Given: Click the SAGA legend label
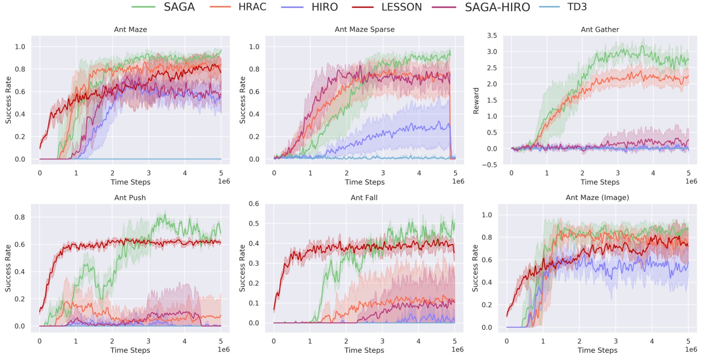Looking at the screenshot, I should [x=179, y=7].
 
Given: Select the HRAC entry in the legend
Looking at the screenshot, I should [x=252, y=7].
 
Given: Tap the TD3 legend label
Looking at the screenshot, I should [x=577, y=7].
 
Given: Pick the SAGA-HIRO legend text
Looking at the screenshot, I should [x=497, y=7].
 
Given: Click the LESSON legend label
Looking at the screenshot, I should [x=401, y=7].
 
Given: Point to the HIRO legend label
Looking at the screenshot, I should [x=324, y=7].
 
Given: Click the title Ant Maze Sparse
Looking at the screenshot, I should [x=364, y=30].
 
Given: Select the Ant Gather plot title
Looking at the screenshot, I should [x=599, y=30].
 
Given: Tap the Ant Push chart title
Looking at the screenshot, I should [x=130, y=198].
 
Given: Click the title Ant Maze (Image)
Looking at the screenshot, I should [x=597, y=198].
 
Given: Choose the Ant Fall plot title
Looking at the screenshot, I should [x=364, y=198].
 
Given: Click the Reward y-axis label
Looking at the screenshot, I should [x=476, y=100].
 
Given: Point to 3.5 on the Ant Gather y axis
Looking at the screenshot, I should [x=492, y=36].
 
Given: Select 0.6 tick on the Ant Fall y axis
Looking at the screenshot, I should [x=254, y=203].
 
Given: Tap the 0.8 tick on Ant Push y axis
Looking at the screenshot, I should [x=20, y=217].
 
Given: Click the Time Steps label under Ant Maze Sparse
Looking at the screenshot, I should [x=364, y=182].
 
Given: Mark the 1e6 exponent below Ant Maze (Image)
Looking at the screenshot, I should [x=691, y=349].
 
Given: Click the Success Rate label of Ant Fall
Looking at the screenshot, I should [x=242, y=268].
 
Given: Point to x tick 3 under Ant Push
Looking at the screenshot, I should [x=148, y=341].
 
